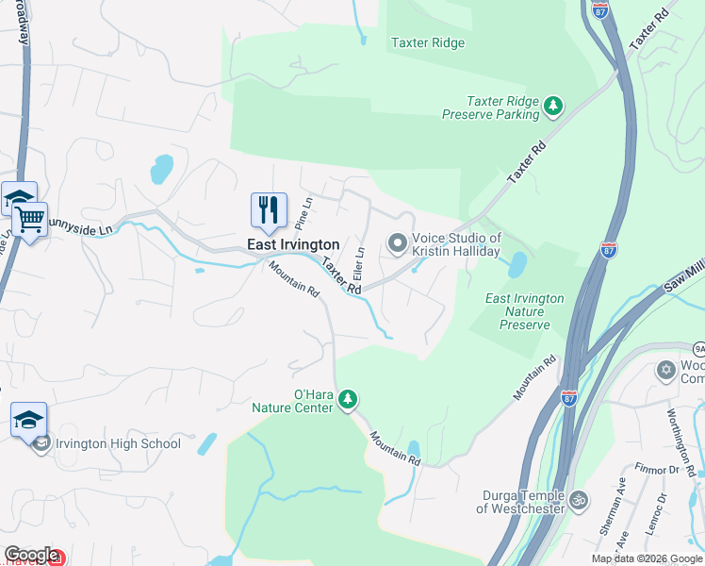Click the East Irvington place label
[293, 244]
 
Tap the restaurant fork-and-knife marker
[269, 209]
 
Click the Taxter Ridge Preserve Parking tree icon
[554, 106]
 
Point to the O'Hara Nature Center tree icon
[348, 400]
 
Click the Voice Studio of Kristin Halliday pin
[398, 244]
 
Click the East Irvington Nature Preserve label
[525, 311]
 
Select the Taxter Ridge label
[428, 42]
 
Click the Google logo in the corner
[31, 555]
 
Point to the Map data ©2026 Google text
[646, 558]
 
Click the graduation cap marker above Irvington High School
[28, 419]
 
